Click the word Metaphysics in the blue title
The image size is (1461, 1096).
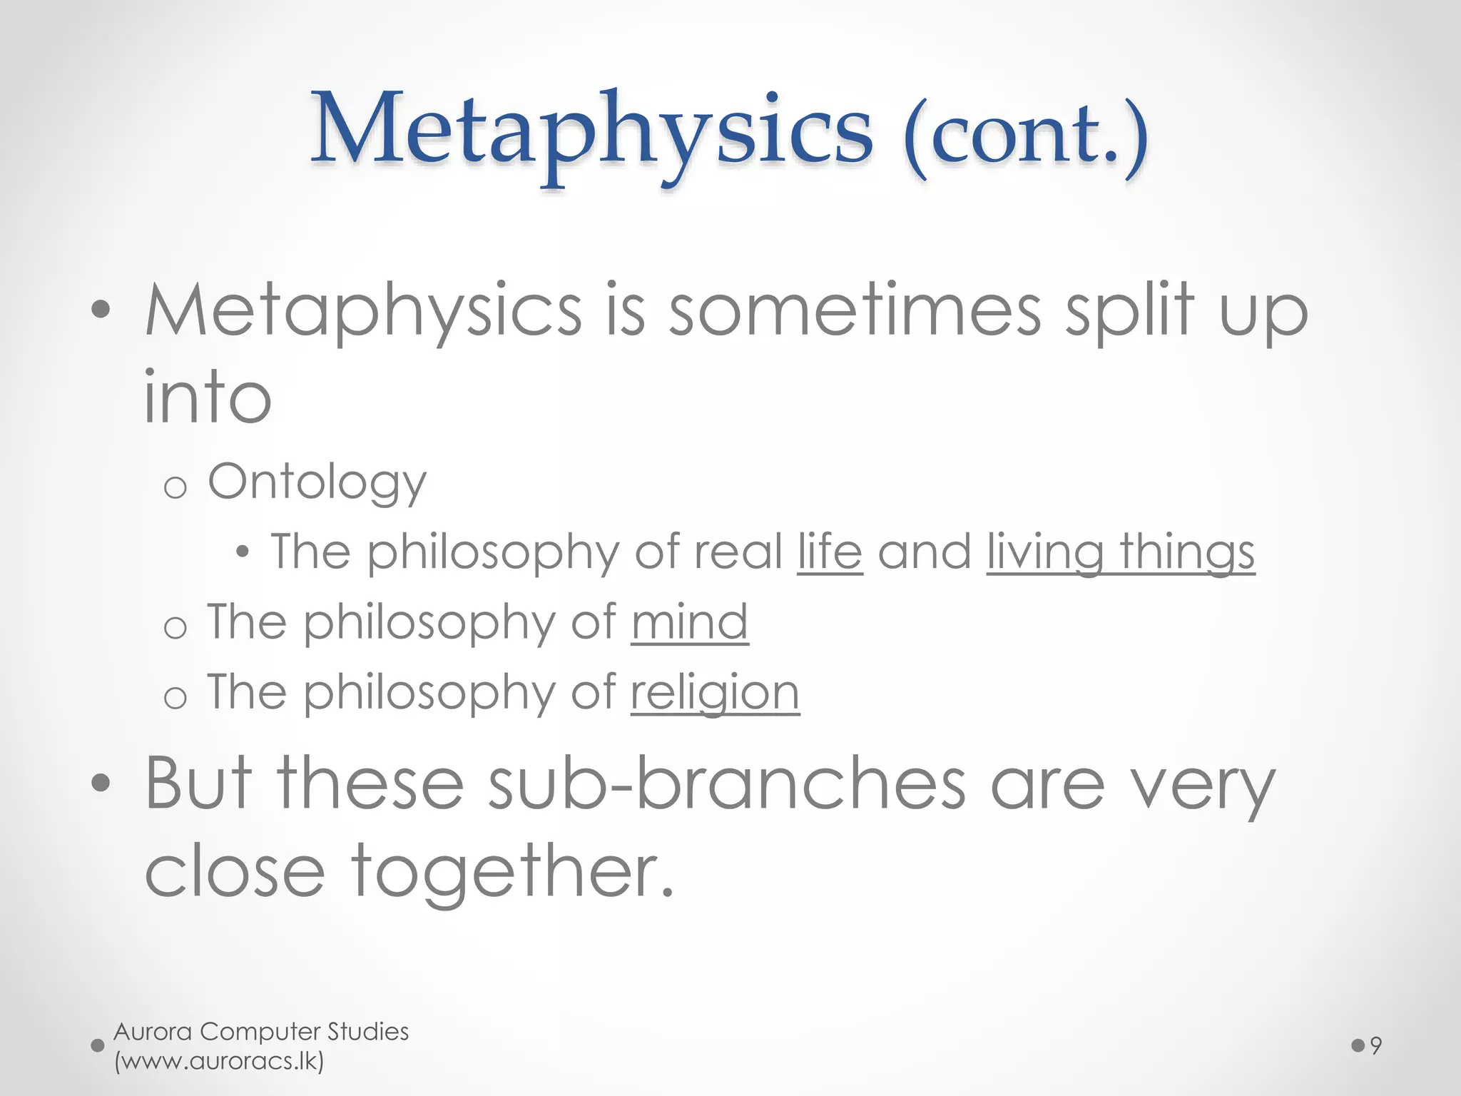[591, 133]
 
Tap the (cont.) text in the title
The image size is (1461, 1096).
[1025, 136]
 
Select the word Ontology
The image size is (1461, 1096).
[317, 483]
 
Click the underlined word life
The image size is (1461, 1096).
[830, 552]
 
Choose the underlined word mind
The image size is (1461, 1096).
[689, 622]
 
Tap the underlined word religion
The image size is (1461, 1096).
[715, 692]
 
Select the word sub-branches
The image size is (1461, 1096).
[727, 784]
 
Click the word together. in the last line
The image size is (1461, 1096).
[512, 871]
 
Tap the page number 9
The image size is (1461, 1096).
[1376, 1046]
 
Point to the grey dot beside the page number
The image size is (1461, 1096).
[1358, 1046]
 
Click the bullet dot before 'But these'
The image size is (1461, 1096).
[101, 783]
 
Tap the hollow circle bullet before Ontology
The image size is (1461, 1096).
[175, 488]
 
